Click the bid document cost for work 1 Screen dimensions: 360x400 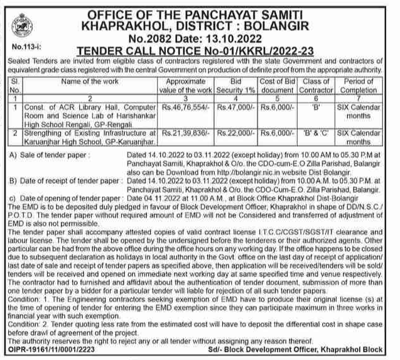point(275,107)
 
